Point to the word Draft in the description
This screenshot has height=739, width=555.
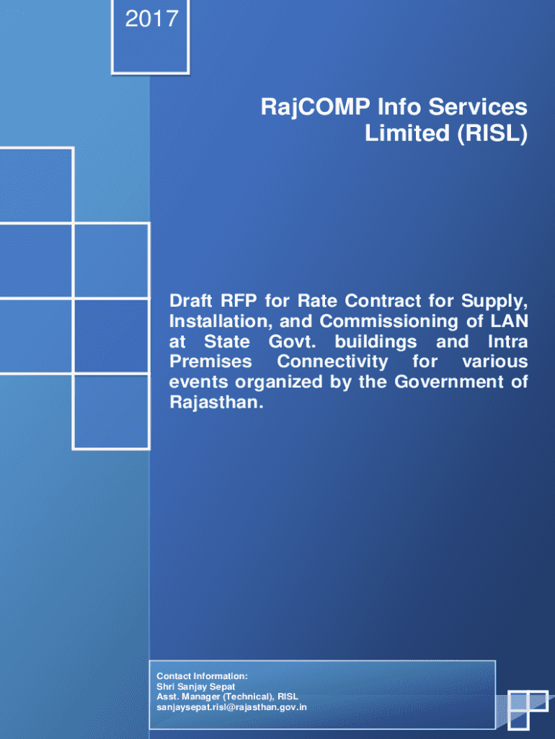click(x=190, y=299)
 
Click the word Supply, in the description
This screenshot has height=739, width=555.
click(x=494, y=299)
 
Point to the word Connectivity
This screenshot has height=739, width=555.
click(x=332, y=361)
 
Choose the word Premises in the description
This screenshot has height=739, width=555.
click(x=210, y=361)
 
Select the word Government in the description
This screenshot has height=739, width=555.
click(x=448, y=382)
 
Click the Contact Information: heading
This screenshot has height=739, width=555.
click(x=202, y=676)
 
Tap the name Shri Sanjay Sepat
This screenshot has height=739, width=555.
click(x=196, y=686)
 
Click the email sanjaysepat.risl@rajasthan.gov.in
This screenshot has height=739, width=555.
click(x=231, y=707)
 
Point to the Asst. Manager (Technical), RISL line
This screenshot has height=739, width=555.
click(x=227, y=697)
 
